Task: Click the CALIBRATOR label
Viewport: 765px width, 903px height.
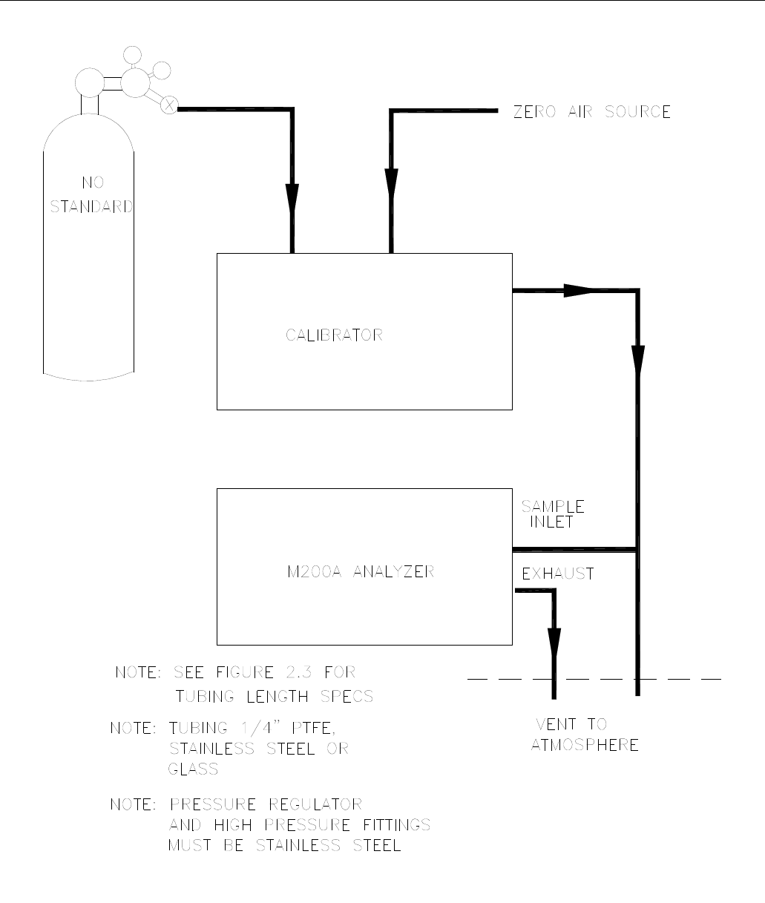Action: point(335,335)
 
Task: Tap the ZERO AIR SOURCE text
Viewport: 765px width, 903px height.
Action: point(592,113)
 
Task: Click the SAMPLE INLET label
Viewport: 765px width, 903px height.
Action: point(551,513)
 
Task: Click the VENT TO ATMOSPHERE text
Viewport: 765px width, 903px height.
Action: point(584,735)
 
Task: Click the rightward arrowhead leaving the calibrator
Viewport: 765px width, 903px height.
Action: point(577,290)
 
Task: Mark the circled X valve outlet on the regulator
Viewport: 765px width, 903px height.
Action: point(169,105)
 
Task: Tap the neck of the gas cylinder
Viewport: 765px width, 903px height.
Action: point(90,104)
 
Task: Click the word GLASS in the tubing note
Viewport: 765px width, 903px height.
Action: point(193,769)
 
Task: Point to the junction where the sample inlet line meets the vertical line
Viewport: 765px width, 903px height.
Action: point(637,550)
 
